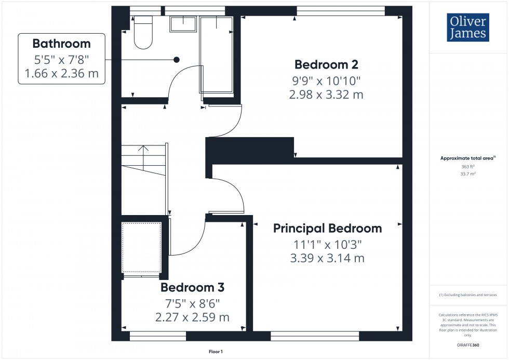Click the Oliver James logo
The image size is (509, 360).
(x=468, y=28)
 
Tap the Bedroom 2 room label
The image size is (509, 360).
(x=327, y=65)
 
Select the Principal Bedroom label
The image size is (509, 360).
(x=327, y=228)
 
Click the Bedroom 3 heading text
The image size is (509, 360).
(x=192, y=287)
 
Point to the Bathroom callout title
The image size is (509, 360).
(x=61, y=44)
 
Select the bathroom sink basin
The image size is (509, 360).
(x=183, y=25)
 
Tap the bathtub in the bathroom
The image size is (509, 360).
(x=217, y=55)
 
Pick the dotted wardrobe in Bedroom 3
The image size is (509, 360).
(x=141, y=247)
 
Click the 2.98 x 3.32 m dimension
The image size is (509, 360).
(x=326, y=95)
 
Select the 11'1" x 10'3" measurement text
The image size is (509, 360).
(x=327, y=244)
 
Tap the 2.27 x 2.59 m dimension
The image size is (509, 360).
(x=192, y=317)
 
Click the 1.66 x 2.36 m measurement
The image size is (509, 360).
(x=61, y=73)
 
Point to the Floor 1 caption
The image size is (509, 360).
(x=215, y=352)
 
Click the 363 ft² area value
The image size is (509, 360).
(x=468, y=167)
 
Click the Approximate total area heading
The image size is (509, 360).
(x=467, y=158)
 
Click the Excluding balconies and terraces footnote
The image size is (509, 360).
(x=468, y=295)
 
